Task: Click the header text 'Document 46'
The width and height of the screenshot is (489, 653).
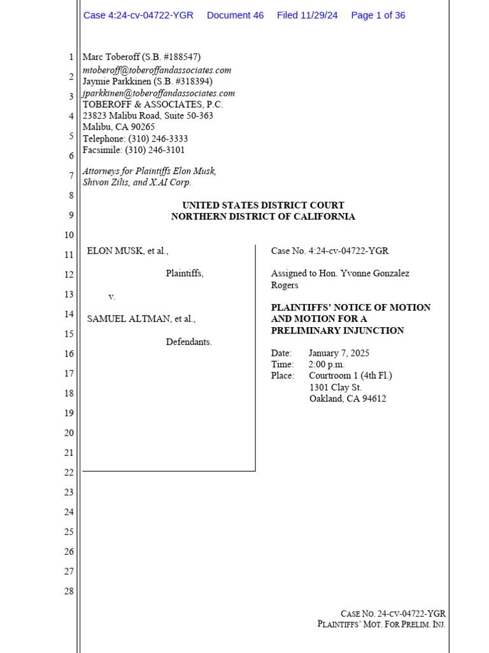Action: (235, 15)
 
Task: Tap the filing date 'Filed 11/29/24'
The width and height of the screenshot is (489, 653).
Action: (307, 15)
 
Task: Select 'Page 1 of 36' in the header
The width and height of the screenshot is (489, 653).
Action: (378, 15)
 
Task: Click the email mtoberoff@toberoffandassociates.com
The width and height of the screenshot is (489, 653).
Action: (157, 70)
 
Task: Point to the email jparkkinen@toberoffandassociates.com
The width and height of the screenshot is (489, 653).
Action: (159, 93)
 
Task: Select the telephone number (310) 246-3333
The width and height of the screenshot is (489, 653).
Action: (158, 138)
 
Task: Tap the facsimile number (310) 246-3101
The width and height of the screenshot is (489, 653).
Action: (156, 150)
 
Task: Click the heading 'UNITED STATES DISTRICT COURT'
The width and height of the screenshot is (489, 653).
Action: (263, 205)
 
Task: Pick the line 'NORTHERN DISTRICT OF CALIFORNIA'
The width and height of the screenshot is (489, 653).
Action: (263, 217)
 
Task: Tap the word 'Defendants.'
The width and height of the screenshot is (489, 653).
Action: (189, 342)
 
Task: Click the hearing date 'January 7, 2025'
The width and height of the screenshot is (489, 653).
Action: (339, 353)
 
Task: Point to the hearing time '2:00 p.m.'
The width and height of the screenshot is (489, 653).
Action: (327, 365)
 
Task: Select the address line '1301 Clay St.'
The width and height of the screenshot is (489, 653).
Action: (336, 388)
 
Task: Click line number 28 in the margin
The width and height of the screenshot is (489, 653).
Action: (69, 591)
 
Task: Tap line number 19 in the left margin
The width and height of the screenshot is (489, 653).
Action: (69, 413)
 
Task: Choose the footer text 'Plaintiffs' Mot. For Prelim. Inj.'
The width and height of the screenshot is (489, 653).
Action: (381, 624)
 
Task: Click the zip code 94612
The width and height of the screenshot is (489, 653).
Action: (374, 399)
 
